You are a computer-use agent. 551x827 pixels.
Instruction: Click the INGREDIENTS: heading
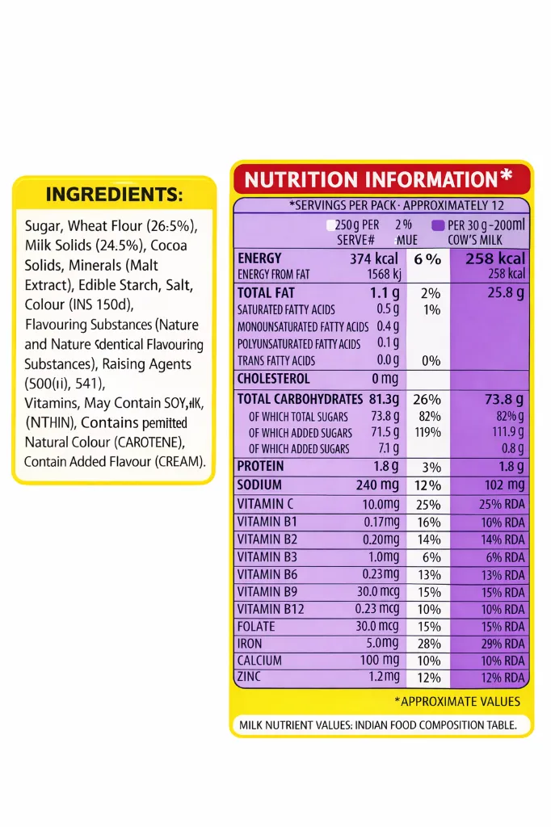pyautogui.click(x=114, y=195)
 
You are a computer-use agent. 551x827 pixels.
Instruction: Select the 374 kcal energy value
pyautogui.click(x=374, y=258)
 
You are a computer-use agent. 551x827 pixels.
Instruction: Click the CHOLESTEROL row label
pyautogui.click(x=274, y=378)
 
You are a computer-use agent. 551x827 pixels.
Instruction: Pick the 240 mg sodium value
pyautogui.click(x=377, y=485)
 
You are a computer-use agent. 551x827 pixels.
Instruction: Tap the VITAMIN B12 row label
pyautogui.click(x=271, y=609)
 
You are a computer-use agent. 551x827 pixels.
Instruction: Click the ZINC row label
pyautogui.click(x=249, y=677)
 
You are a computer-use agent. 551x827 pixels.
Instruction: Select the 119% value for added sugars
pyautogui.click(x=427, y=433)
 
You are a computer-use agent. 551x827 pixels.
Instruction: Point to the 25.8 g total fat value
pyautogui.click(x=506, y=292)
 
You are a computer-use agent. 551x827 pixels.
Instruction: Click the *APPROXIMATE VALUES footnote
pyautogui.click(x=457, y=701)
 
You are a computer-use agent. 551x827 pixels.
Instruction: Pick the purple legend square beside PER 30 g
pyautogui.click(x=438, y=225)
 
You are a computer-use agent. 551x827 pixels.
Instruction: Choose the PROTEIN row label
pyautogui.click(x=260, y=466)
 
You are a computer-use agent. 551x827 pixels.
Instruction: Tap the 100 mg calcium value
pyautogui.click(x=379, y=661)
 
